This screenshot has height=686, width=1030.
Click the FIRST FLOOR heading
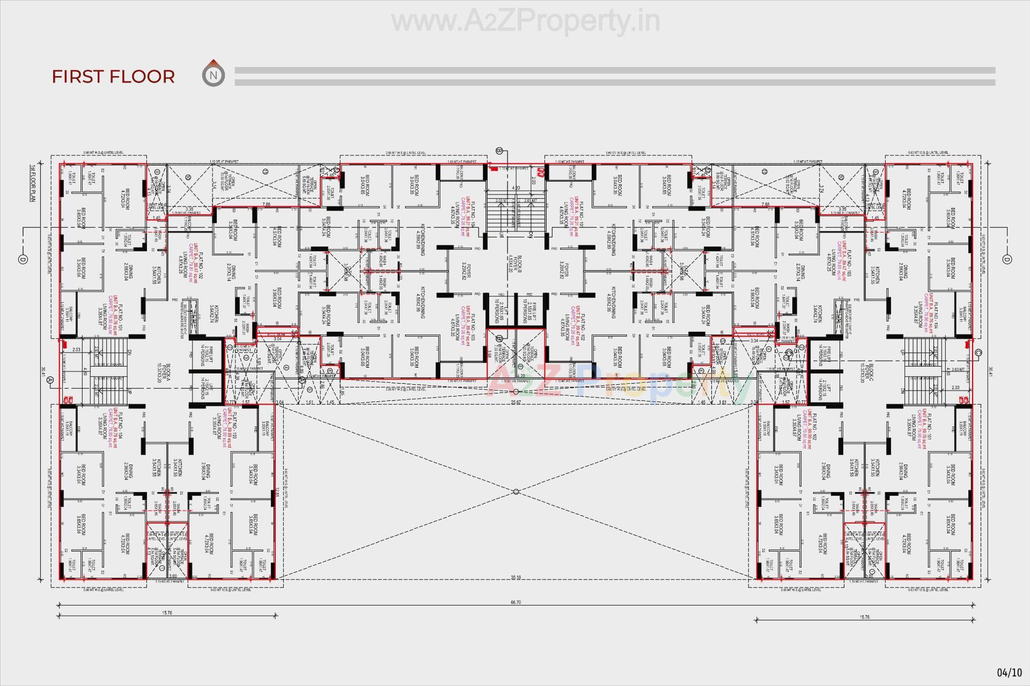[113, 77]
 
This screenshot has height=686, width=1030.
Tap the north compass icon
[214, 74]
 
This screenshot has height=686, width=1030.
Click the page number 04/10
[1009, 672]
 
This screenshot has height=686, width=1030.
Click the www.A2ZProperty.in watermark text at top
[525, 21]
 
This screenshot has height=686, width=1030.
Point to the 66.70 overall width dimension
[516, 602]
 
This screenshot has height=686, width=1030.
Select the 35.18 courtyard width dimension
[516, 577]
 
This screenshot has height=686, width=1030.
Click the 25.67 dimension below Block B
[516, 402]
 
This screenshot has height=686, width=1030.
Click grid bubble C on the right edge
[978, 352]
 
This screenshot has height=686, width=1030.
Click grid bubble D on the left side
[23, 259]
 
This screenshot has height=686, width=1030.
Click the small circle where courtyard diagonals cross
[516, 491]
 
